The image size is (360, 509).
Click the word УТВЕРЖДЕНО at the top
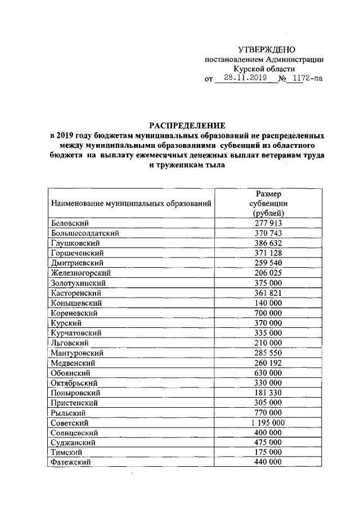[x=267, y=50]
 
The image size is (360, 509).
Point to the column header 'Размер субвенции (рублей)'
[x=268, y=203]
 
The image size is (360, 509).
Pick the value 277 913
[x=268, y=223]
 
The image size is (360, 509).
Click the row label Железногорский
[x=78, y=273]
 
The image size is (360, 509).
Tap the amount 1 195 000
[x=268, y=422]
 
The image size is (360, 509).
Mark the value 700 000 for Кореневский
[x=268, y=313]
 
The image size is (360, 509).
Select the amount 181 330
[x=268, y=393]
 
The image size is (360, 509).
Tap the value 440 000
[x=268, y=462]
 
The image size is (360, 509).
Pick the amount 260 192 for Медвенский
[x=268, y=363]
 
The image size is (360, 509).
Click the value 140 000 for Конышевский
[x=268, y=303]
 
